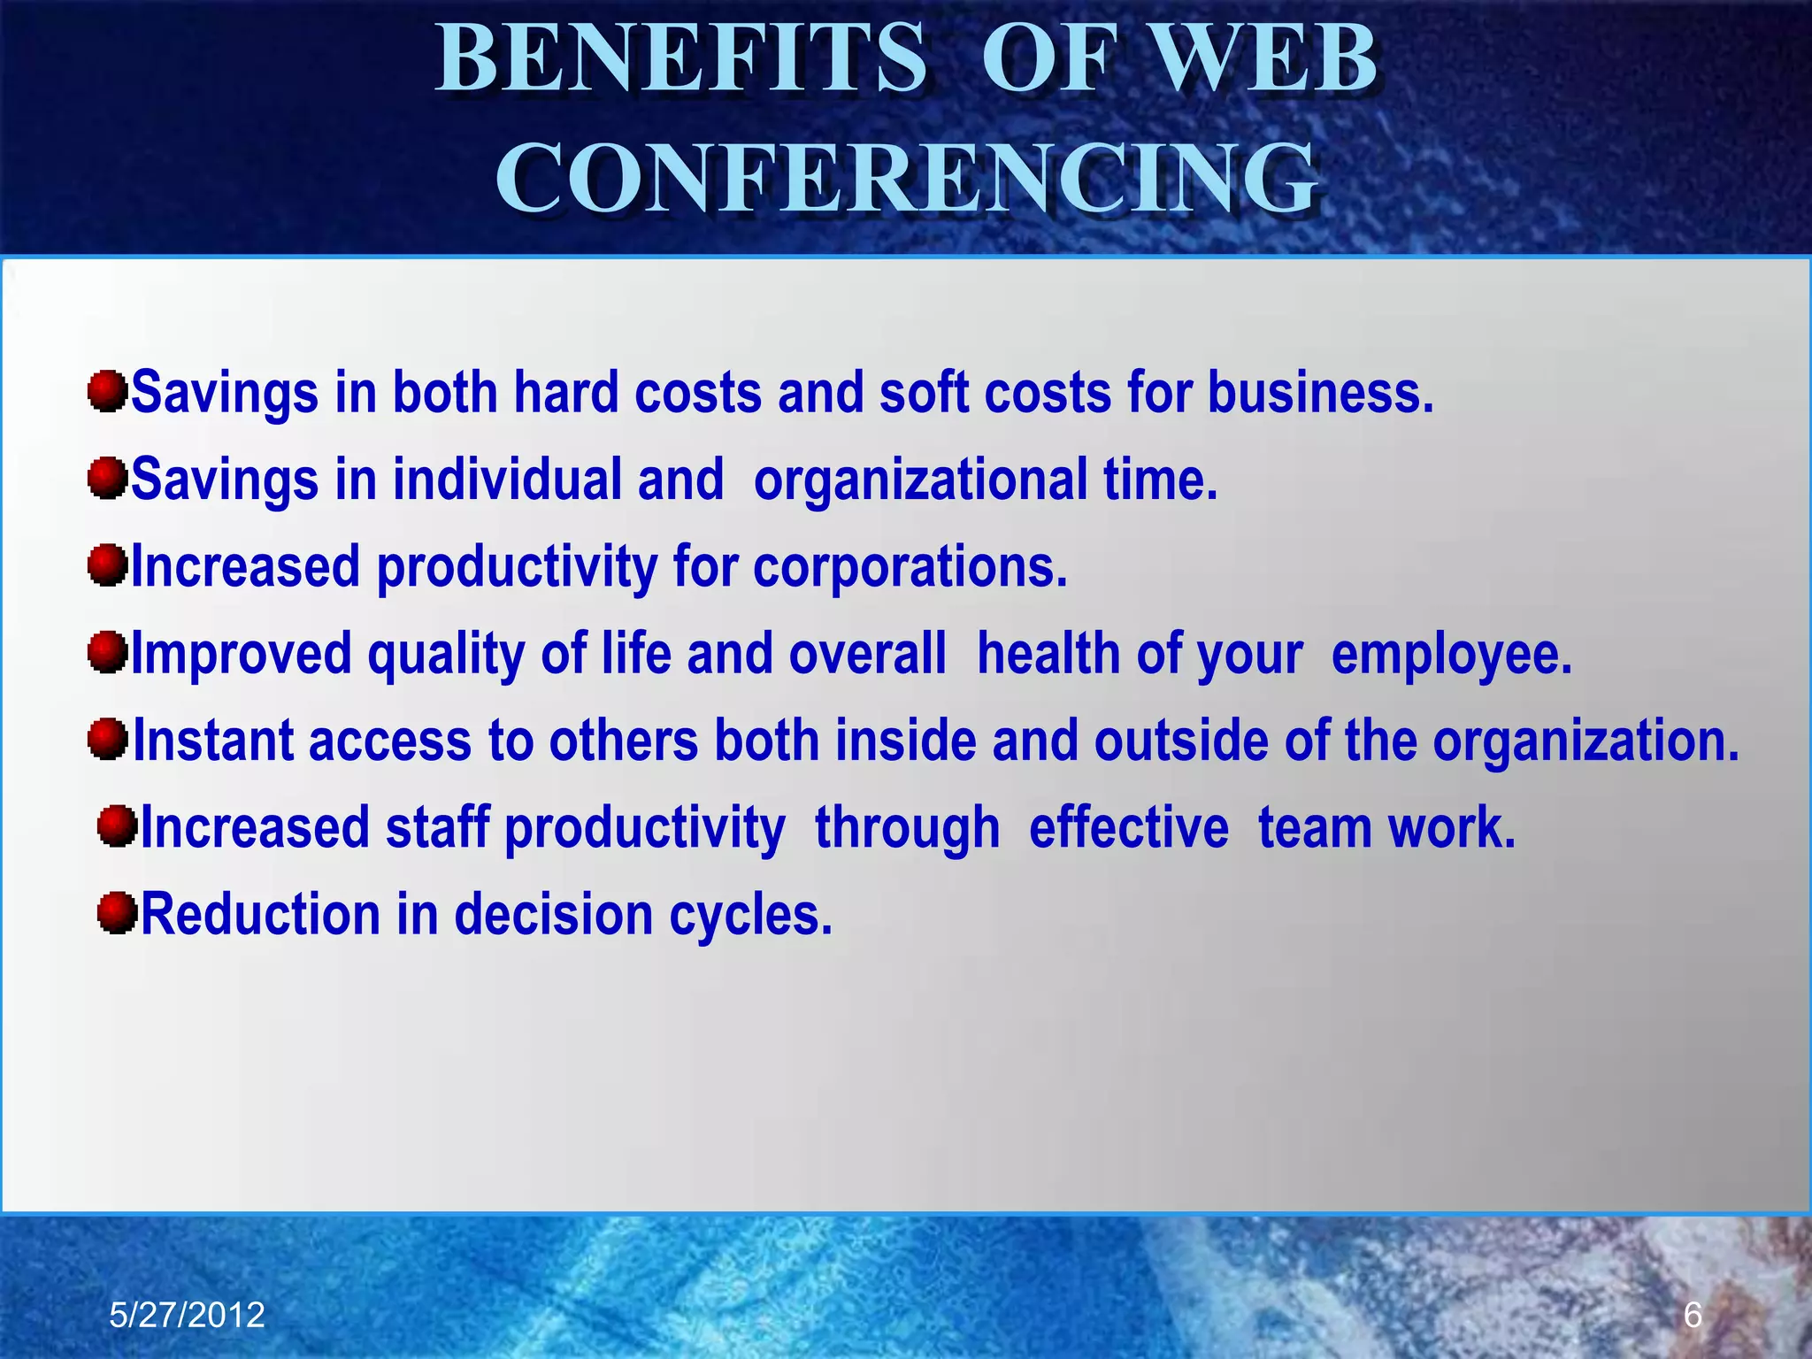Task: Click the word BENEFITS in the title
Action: (681, 60)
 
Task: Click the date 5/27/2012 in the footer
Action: (187, 1316)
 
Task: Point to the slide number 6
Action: (1692, 1316)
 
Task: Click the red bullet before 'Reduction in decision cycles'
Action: (117, 913)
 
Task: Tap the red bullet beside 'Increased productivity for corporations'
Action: (108, 565)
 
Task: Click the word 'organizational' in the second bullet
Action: (920, 480)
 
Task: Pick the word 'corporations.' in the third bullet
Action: (910, 566)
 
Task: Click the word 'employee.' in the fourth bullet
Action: (1451, 655)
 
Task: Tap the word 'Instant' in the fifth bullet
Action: (212, 741)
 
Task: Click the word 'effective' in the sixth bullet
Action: (1128, 828)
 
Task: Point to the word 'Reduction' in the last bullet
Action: (260, 914)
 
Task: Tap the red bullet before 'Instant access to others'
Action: (108, 739)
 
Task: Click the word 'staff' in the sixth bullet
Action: (437, 828)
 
